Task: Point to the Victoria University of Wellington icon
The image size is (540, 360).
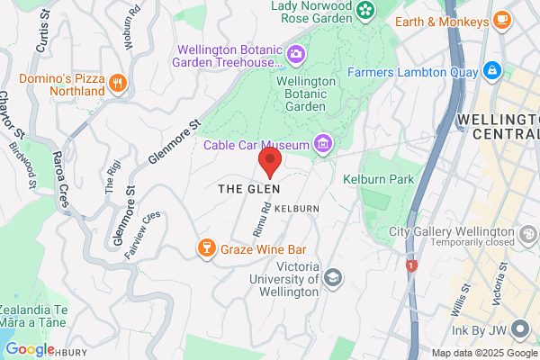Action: tap(333, 277)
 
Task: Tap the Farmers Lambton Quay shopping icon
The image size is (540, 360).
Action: tap(491, 69)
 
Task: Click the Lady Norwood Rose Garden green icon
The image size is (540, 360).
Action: tap(365, 10)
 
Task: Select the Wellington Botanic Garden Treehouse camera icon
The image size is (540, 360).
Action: tap(294, 56)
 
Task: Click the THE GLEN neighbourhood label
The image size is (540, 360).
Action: tap(249, 189)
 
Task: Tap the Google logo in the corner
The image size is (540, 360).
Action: tap(30, 349)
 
